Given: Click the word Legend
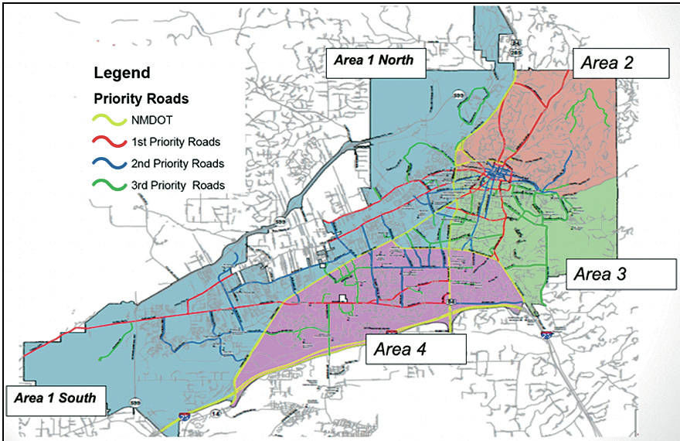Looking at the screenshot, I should coord(121,73).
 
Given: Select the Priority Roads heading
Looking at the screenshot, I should coord(141,99).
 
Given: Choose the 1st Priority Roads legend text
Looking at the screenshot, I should coord(176,142).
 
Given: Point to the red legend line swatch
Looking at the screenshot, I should coord(109,142).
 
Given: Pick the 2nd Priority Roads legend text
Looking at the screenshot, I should coord(178,163).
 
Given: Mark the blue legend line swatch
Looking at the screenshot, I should coord(109,164).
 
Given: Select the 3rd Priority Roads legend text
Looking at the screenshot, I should coord(178,185).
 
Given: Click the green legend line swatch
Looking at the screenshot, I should coord(109,186).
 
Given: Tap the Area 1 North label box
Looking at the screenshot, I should coord(375,61).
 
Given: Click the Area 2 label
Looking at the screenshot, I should coord(620,63).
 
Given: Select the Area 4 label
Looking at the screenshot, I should coord(416,348).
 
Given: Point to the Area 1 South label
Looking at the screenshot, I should coord(54,398).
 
